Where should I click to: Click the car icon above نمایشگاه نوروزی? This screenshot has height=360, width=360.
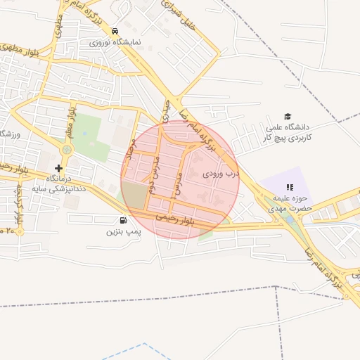[x=114, y=32]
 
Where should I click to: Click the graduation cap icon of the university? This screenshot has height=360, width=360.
[x=287, y=116]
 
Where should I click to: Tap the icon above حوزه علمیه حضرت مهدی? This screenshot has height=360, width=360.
[x=290, y=187]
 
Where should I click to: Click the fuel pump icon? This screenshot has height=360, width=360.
[x=124, y=220]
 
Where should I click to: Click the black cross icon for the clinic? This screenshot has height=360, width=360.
[x=58, y=168]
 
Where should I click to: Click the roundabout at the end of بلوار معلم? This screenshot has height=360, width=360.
[x=67, y=150]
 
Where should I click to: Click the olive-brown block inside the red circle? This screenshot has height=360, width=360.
[x=136, y=198]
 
